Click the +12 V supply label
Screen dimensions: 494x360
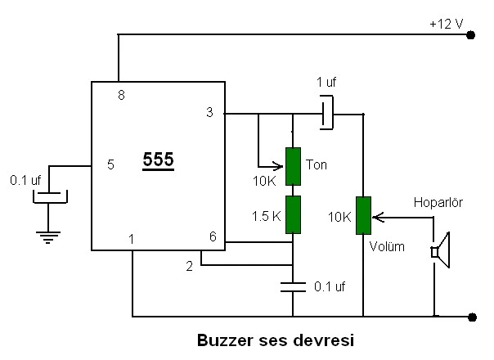click(x=446, y=25)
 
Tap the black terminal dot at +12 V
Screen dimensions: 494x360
click(x=470, y=35)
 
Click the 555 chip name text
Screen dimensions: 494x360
click(x=158, y=160)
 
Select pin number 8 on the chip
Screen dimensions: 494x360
click(x=121, y=95)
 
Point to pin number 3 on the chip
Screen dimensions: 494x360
click(x=209, y=112)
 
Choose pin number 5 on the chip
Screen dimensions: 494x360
click(x=110, y=164)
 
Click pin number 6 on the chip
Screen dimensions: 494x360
click(x=213, y=236)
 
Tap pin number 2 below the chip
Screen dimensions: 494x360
click(x=190, y=267)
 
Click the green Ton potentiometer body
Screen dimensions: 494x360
click(x=293, y=166)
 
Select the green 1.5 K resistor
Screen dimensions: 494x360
click(x=293, y=214)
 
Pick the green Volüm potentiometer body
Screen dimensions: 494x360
click(x=363, y=216)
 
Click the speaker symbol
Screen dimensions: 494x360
click(x=441, y=250)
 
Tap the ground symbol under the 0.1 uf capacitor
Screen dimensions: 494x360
click(x=48, y=238)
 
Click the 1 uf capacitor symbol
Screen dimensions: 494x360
click(x=327, y=113)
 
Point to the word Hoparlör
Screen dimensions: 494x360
click(x=438, y=202)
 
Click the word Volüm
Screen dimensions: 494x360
click(x=387, y=246)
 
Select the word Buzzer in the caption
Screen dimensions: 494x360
click(x=225, y=340)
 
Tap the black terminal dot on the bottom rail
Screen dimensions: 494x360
click(x=472, y=317)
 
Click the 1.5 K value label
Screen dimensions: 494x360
click(x=266, y=216)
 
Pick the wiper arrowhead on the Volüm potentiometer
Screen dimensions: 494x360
click(x=377, y=218)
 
